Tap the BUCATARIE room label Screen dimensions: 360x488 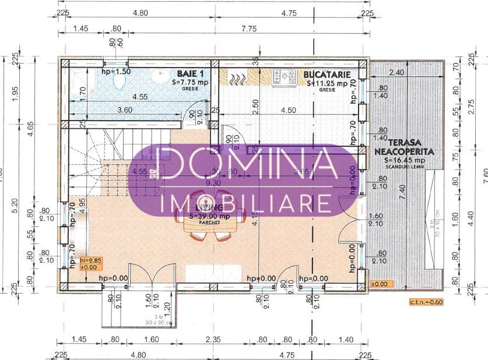point(326,74)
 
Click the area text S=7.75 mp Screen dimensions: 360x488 point(190,83)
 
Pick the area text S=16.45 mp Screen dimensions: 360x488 point(403,159)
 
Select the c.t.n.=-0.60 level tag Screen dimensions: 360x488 point(427,302)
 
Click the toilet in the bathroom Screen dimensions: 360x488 point(119,81)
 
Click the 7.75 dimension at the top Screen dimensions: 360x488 point(249,28)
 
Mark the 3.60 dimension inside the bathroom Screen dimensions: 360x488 point(124,109)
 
